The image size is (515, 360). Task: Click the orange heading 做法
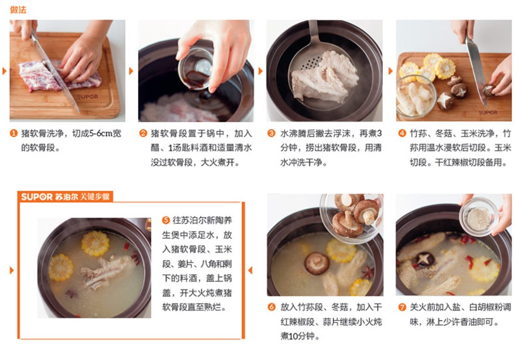pyautogui.click(x=18, y=10)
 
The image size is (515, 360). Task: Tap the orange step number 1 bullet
pyautogui.click(x=14, y=133)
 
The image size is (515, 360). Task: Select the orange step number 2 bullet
pyautogui.click(x=143, y=133)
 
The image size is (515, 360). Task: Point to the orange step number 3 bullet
pyautogui.click(x=272, y=133)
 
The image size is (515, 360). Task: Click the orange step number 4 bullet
pyautogui.click(x=402, y=133)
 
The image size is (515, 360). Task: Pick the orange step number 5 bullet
pyautogui.click(x=166, y=220)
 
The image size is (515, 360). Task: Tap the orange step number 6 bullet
pyautogui.click(x=272, y=307)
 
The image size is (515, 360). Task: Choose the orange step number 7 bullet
pyautogui.click(x=402, y=307)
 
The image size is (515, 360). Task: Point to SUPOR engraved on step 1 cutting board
pyautogui.click(x=87, y=97)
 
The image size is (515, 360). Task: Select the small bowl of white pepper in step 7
pyautogui.click(x=479, y=217)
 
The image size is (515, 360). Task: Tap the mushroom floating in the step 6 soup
pyautogui.click(x=317, y=263)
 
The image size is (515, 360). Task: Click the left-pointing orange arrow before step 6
pyautogui.click(x=250, y=271)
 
